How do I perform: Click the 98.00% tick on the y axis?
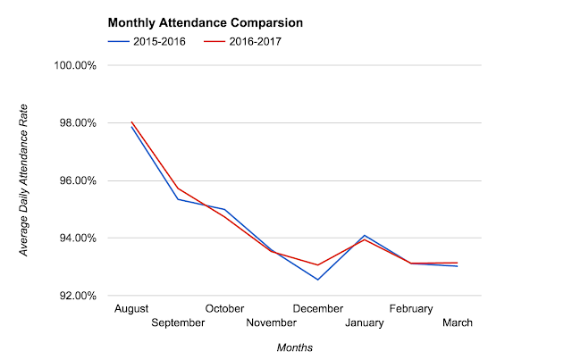pos(78,123)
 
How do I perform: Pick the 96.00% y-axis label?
pos(78,180)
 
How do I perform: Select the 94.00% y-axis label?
pos(78,238)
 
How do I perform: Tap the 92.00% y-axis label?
pos(78,295)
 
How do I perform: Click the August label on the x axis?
pos(132,308)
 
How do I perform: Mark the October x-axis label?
pos(224,308)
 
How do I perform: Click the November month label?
pos(272,322)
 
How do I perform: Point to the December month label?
pos(317,308)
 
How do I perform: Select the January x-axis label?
pos(364,322)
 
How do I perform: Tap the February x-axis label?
pos(411,308)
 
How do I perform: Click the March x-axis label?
pos(457,322)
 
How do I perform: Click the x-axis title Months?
pos(295,347)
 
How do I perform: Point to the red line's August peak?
pos(131,122)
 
